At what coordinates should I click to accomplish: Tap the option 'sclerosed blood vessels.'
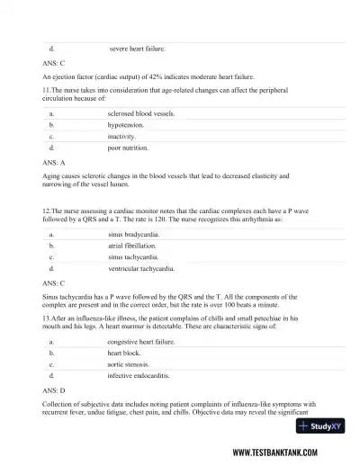[x=141, y=114]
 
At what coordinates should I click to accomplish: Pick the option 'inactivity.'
[x=123, y=136]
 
